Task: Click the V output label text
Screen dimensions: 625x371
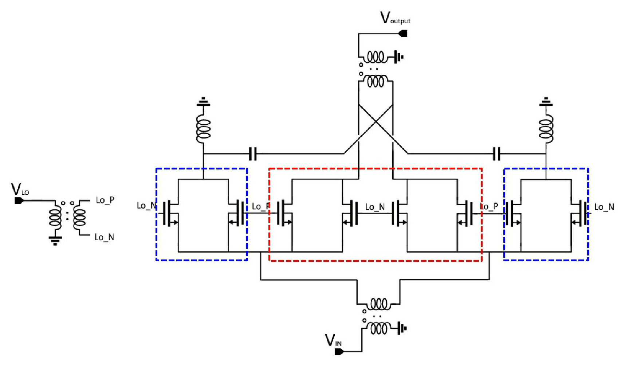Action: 395,18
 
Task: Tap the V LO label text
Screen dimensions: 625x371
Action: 20,189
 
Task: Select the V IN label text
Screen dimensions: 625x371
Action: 333,340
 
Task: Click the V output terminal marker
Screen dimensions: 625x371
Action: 403,34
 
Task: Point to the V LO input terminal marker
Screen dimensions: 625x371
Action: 19,200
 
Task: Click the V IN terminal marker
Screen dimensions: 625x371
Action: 339,352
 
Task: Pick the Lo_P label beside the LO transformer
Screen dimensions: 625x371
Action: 105,200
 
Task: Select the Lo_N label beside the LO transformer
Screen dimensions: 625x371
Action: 104,237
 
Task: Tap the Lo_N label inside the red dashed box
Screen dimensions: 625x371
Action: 375,207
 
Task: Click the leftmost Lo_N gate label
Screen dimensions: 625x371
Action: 146,206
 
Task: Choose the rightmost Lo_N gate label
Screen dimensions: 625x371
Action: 604,207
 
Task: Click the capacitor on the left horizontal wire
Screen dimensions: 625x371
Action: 253,154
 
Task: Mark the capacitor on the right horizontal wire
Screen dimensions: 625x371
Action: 496,154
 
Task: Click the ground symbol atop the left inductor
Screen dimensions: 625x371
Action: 203,102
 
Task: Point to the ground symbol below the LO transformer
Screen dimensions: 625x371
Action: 55,241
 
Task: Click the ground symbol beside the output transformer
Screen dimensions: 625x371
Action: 399,57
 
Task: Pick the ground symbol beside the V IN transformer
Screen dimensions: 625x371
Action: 401,329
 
